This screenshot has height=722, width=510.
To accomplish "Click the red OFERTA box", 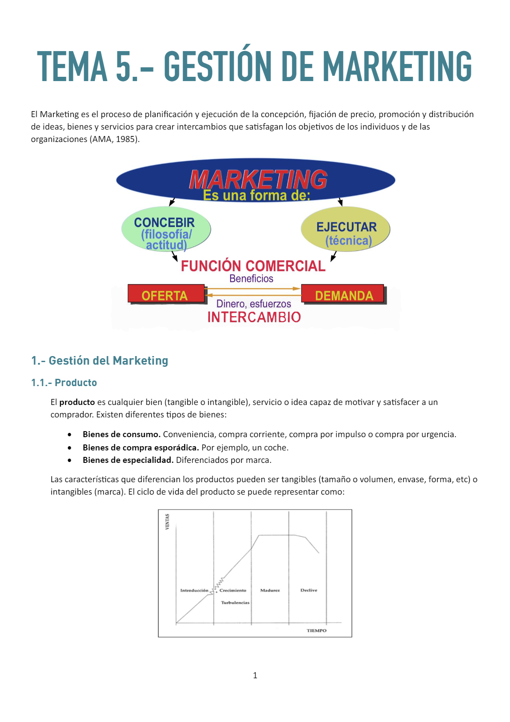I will pyautogui.click(x=166, y=294).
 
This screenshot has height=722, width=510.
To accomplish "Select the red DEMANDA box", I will pyautogui.click(x=343, y=294).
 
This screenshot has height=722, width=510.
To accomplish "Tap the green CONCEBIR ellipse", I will pyautogui.click(x=166, y=229).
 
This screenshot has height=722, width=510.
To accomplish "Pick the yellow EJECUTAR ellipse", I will pyautogui.click(x=345, y=229).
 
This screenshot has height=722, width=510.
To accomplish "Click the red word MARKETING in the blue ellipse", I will pyautogui.click(x=258, y=179).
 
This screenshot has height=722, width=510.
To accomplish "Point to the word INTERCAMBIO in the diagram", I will pyautogui.click(x=254, y=317).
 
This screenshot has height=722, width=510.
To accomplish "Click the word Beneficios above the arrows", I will pyautogui.click(x=251, y=279).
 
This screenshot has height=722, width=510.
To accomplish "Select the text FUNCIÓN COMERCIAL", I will pyautogui.click(x=253, y=266).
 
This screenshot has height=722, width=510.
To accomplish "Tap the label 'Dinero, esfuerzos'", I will pyautogui.click(x=253, y=304).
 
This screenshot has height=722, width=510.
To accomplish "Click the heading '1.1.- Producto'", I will pyautogui.click(x=64, y=383).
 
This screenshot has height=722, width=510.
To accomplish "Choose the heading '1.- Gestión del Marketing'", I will pyautogui.click(x=99, y=361).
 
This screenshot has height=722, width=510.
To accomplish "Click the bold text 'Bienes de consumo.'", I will pyautogui.click(x=121, y=434).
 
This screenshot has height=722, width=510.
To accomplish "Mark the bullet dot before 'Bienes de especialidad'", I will pyautogui.click(x=69, y=460).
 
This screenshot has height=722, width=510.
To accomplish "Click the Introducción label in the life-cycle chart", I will pyautogui.click(x=194, y=590).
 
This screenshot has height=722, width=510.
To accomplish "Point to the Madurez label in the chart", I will pyautogui.click(x=270, y=590).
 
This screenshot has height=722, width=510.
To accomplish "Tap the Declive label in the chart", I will pyautogui.click(x=309, y=590).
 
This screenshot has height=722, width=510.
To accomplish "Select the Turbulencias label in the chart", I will pyautogui.click(x=235, y=603).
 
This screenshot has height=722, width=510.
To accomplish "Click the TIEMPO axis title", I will pyautogui.click(x=316, y=631).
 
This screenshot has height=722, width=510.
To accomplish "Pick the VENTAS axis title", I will pyautogui.click(x=167, y=522).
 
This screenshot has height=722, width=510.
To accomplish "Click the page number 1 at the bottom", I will pyautogui.click(x=255, y=676).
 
